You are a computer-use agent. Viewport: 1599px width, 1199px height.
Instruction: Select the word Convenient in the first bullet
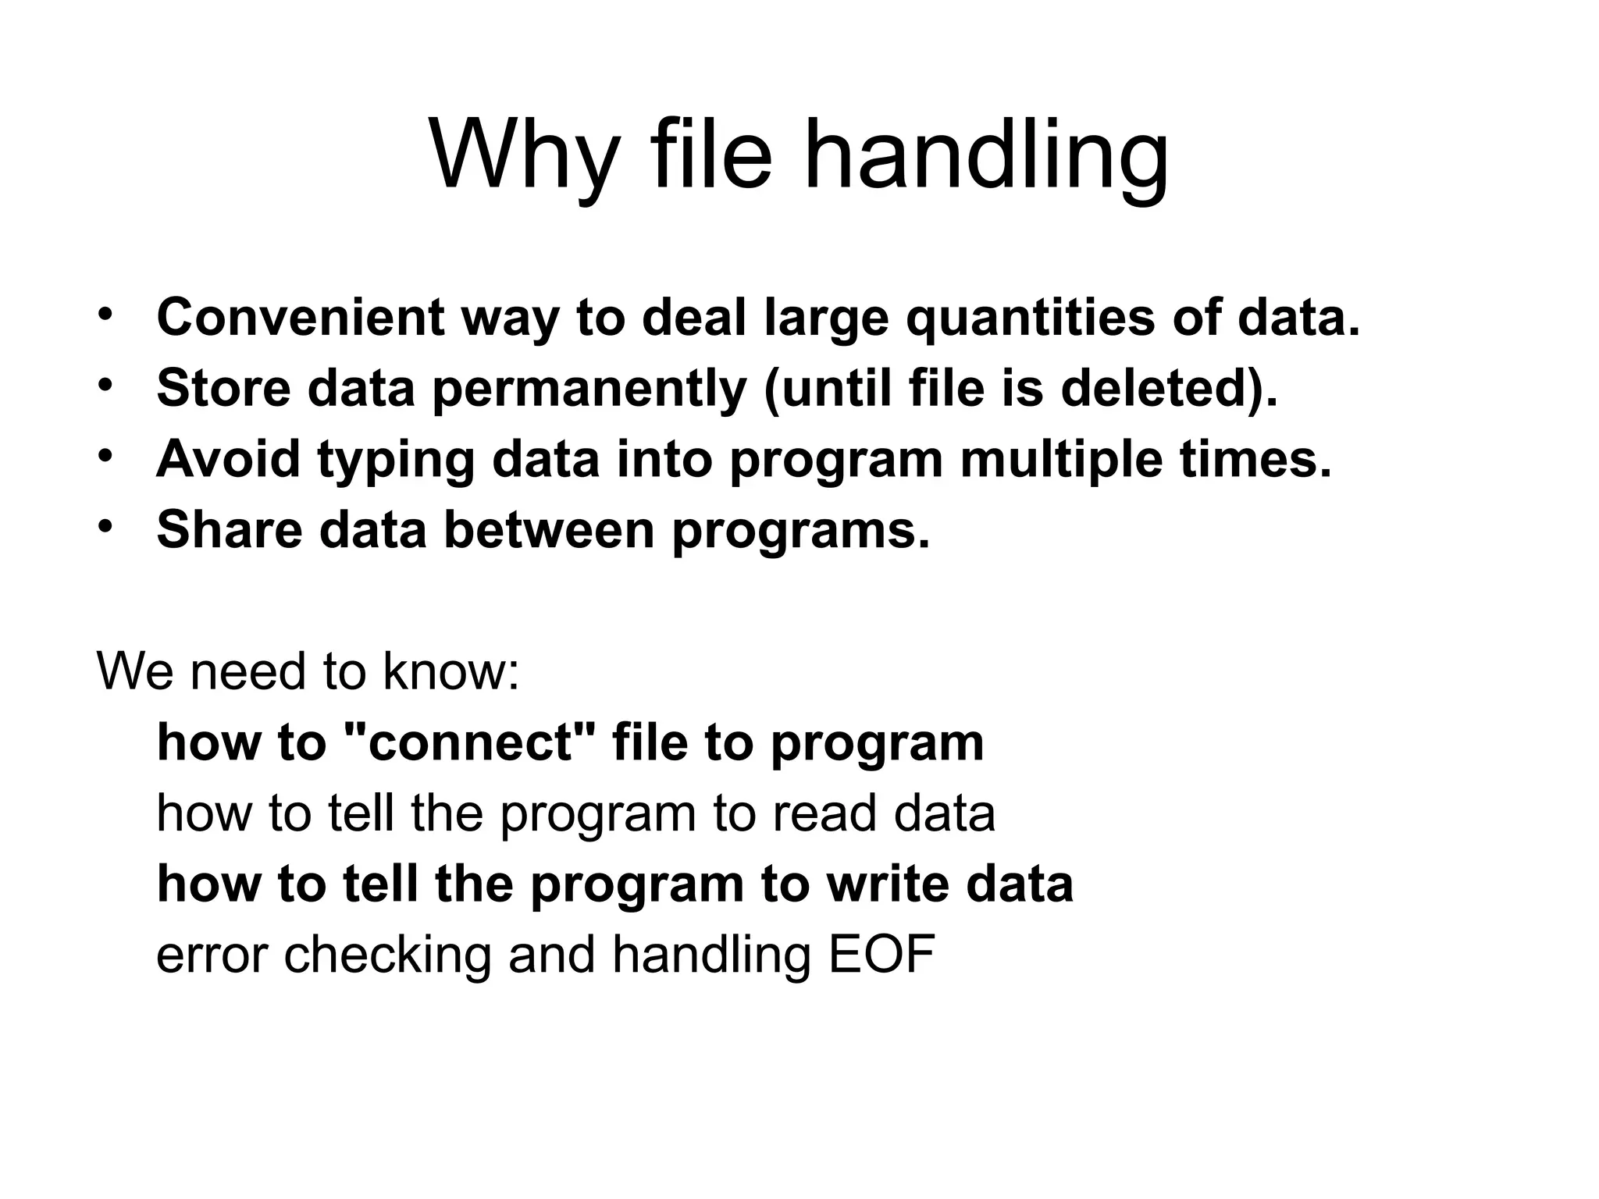[301, 318]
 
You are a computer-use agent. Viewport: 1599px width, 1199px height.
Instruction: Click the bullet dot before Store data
[105, 385]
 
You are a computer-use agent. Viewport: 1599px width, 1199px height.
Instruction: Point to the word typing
[396, 460]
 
